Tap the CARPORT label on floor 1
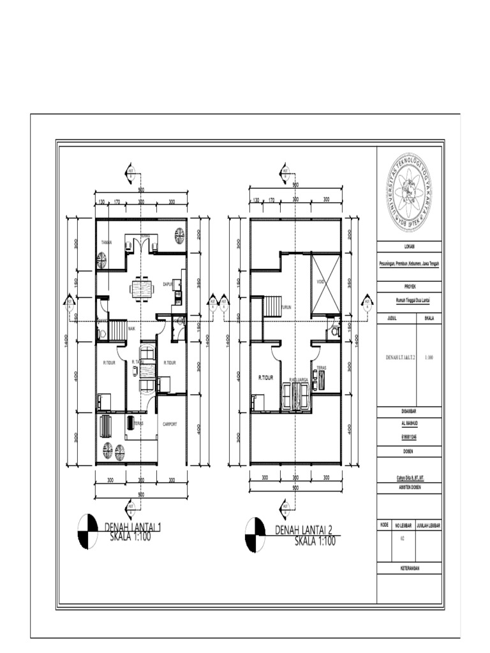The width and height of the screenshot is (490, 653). coord(169,423)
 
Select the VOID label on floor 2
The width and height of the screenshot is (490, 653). coord(321,281)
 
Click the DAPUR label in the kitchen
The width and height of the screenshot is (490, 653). coord(168,284)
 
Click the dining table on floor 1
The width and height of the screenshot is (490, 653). coord(142,288)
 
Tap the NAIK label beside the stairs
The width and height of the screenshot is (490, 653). coord(131,328)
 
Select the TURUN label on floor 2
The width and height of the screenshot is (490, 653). coord(286,307)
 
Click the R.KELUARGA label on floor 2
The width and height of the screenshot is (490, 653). coord(299,379)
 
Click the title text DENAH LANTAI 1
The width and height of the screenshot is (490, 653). coord(133,527)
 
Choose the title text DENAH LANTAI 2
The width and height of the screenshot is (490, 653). coord(304,530)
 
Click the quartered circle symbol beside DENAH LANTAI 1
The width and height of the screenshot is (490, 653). coord(87,531)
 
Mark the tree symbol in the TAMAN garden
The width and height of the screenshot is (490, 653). coord(102,260)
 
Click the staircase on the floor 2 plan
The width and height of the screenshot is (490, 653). coord(272,307)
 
